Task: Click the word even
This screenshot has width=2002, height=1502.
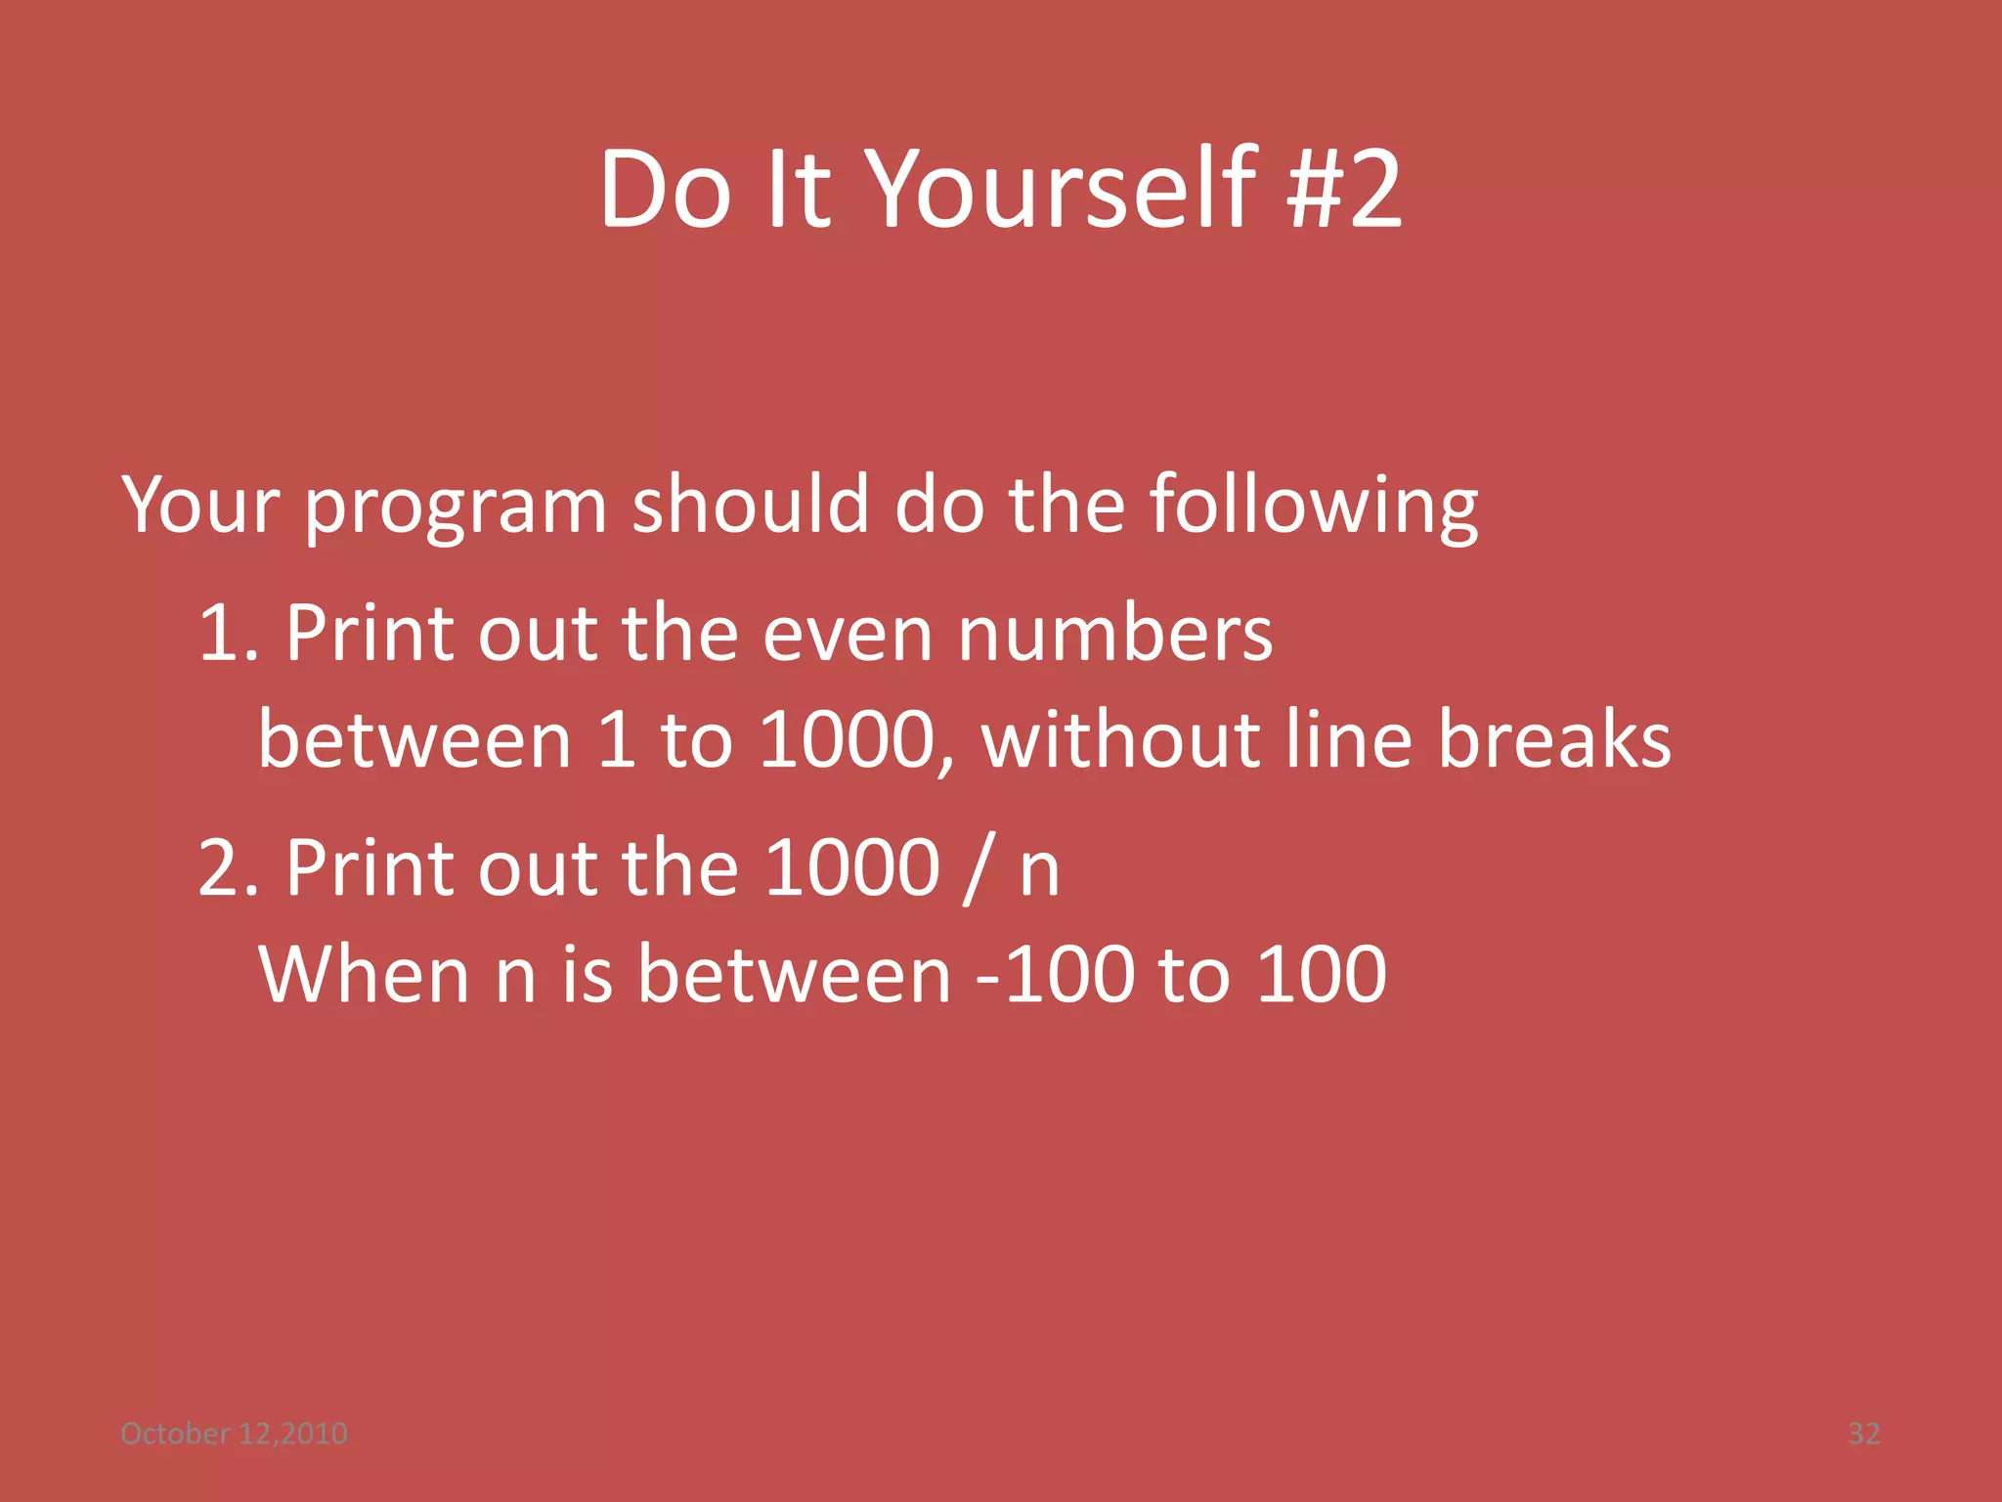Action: pyautogui.click(x=847, y=635)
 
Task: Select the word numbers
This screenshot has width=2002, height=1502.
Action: pyautogui.click(x=1114, y=633)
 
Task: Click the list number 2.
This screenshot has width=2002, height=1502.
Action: pyautogui.click(x=227, y=867)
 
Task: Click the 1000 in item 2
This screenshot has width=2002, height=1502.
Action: pyautogui.click(x=850, y=867)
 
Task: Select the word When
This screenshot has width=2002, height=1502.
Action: pyautogui.click(x=364, y=975)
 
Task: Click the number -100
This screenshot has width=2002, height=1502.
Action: pyautogui.click(x=1055, y=975)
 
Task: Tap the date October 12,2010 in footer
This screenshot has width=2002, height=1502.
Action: pyautogui.click(x=234, y=1434)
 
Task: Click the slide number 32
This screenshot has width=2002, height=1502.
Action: pyautogui.click(x=1863, y=1434)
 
